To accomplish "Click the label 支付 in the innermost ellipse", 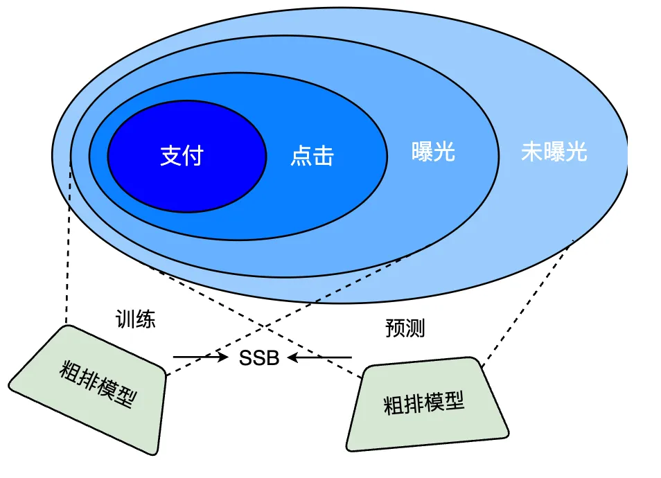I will [182, 156].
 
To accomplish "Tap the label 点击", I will [312, 156].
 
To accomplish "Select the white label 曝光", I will [433, 152].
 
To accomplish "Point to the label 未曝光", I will [554, 152].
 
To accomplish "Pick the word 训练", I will [135, 319].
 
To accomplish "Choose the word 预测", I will [405, 328].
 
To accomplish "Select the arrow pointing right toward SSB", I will [201, 357].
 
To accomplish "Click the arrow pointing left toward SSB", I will [320, 357].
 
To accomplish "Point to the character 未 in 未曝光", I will [531, 152].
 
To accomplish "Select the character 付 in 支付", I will [193, 156].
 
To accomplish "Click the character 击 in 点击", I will [323, 156].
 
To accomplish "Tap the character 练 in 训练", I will [146, 319].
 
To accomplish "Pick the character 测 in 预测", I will [415, 328].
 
